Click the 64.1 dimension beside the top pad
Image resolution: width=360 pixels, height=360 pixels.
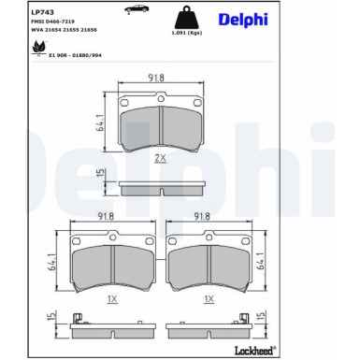(x=98, y=121)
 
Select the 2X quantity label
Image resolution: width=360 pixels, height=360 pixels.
(x=160, y=160)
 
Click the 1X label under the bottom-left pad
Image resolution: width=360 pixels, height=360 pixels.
(x=111, y=298)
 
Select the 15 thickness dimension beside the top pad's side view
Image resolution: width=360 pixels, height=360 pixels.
(x=98, y=175)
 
